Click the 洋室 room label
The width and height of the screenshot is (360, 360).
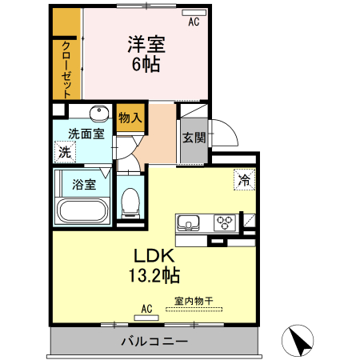146,45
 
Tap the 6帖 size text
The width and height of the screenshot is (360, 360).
146,65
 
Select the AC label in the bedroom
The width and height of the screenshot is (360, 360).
194,23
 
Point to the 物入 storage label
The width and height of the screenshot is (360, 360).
130,118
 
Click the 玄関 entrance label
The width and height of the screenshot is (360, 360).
193,137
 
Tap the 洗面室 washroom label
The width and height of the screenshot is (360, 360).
86,134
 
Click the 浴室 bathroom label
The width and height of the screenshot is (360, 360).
84,184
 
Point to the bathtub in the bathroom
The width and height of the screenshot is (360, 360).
82,213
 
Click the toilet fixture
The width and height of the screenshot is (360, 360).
129,203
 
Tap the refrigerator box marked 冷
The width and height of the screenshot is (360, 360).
243,180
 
